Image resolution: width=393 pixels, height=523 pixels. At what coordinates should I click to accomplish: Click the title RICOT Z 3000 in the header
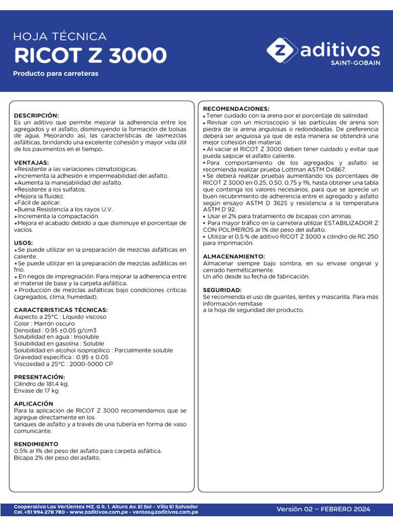90,55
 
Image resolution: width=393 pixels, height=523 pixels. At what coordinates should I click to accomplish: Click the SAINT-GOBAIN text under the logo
355,63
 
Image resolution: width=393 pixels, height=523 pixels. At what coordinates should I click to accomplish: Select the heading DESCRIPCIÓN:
36,116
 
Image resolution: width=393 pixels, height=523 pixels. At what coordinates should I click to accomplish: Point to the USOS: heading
24,243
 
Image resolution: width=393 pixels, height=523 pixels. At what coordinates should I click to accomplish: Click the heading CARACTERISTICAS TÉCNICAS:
61,310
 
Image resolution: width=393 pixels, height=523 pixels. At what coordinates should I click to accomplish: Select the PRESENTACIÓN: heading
39,377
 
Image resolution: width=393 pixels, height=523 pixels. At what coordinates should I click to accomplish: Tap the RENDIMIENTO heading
36,444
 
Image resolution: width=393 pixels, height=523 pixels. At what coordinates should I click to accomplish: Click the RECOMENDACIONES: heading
236,109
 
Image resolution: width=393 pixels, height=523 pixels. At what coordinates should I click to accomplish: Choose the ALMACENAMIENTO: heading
234,256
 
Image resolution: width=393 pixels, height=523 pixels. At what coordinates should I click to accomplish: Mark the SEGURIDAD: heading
222,290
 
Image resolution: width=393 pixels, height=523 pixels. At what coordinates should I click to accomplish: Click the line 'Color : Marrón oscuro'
45,323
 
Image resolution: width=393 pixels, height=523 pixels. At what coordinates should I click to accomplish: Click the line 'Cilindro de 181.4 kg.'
41,384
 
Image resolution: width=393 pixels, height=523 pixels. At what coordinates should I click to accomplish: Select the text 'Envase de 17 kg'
36,391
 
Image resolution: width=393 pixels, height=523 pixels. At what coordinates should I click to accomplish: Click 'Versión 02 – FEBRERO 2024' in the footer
323,509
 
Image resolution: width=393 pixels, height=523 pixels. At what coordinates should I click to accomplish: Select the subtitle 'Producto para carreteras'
55,74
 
